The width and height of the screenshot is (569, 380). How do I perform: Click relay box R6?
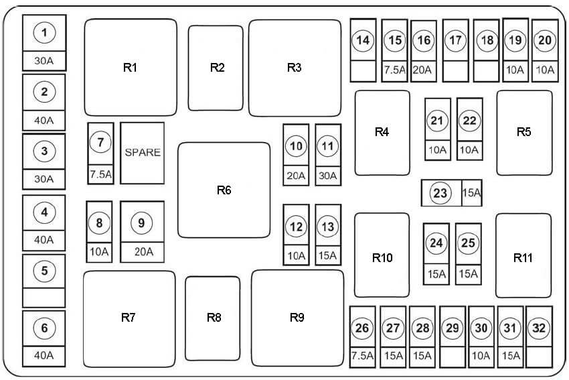coord(224,190)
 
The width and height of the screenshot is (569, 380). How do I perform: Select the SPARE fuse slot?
coord(142,153)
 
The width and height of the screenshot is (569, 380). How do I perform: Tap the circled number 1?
coord(44,32)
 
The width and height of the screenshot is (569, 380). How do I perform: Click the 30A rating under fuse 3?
coord(44,179)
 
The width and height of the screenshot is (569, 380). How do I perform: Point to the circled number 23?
coord(440,193)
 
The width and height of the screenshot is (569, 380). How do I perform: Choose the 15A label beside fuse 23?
coord(472,193)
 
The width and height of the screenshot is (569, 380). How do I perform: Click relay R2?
coord(216,68)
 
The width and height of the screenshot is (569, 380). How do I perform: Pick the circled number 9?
coord(141,223)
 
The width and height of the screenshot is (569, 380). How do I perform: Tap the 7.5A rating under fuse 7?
coord(100,174)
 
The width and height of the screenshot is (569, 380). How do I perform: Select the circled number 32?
coord(539,328)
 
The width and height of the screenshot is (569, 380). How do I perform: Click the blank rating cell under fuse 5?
coord(44,298)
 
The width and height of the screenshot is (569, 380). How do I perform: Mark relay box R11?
coord(523,256)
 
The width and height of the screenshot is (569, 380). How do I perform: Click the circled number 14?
coord(363,40)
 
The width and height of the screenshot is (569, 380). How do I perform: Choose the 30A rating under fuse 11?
coord(328,176)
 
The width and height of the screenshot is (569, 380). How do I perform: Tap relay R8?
coord(213,318)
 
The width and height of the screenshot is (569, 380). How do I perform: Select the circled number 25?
coord(468,243)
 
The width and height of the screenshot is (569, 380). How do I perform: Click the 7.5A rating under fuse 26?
coord(362,355)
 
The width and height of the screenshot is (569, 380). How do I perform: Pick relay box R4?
coord(382,133)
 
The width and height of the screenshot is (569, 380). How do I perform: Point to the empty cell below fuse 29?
coord(452,357)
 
